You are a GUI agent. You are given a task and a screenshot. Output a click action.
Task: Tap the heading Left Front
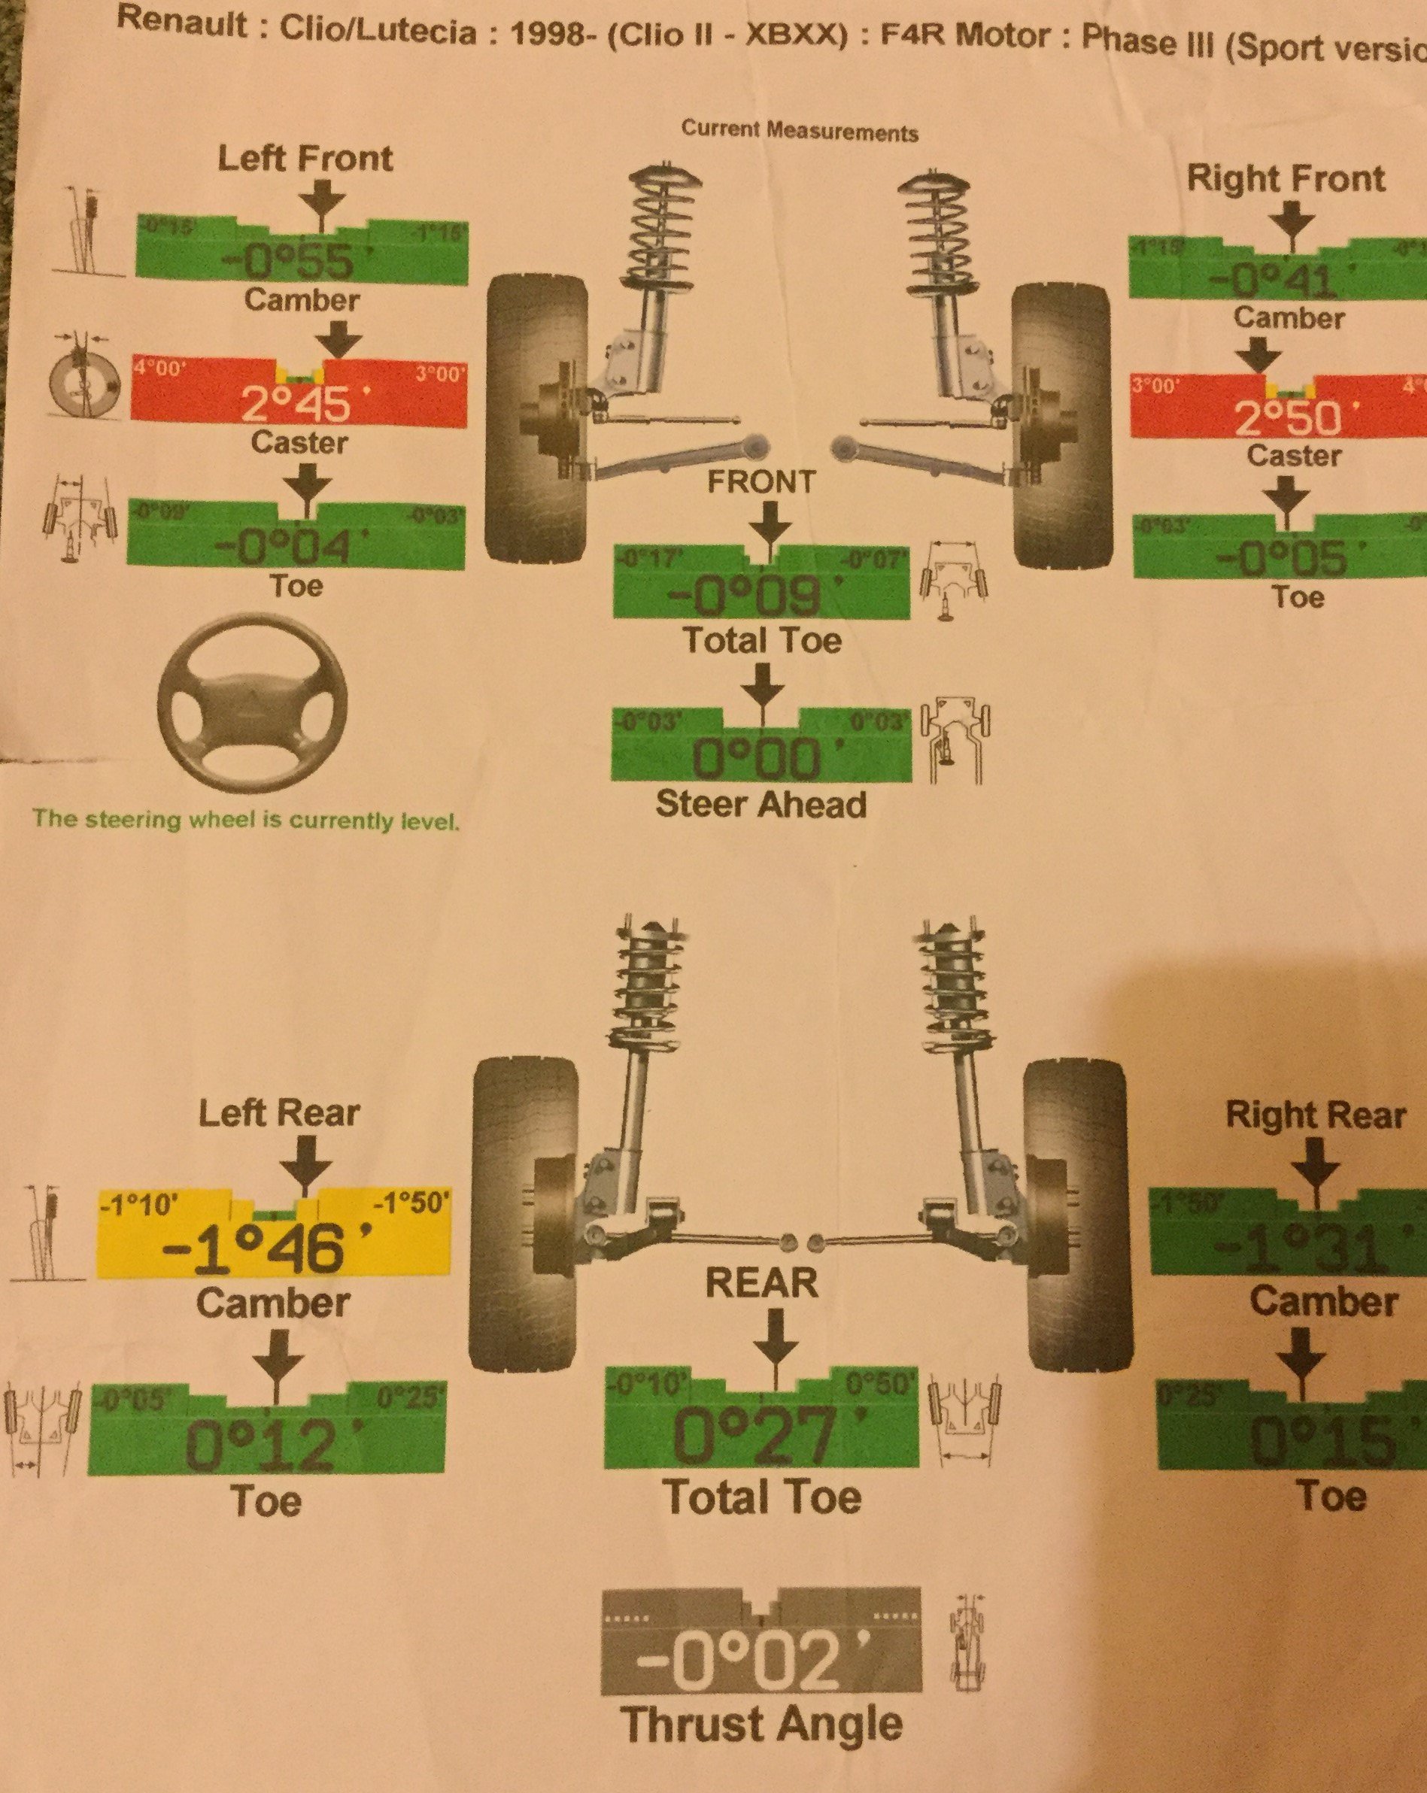[305, 158]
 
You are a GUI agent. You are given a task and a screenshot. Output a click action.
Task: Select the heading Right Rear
[1315, 1116]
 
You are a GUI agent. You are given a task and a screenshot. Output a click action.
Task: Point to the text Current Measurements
[799, 132]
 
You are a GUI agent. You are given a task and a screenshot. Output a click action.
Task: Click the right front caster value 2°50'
[1287, 417]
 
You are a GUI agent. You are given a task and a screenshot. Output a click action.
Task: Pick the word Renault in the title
[182, 23]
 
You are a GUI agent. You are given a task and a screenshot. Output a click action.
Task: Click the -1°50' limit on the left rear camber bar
[411, 1203]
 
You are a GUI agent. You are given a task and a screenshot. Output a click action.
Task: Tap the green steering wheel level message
[246, 820]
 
